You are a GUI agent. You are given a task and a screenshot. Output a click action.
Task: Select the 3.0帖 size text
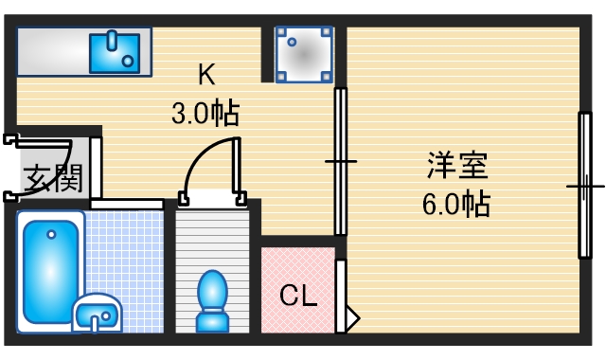pyautogui.click(x=205, y=114)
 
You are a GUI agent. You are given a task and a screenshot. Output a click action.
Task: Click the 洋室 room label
pyautogui.click(x=456, y=166)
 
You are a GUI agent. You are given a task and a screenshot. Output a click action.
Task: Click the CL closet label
pyautogui.click(x=297, y=296)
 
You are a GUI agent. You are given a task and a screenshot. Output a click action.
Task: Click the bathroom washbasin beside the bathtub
pyautogui.click(x=98, y=313)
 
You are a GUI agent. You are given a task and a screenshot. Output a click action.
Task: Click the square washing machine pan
pyautogui.click(x=303, y=54)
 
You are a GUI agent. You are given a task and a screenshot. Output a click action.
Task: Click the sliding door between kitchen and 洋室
pyautogui.click(x=341, y=161)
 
